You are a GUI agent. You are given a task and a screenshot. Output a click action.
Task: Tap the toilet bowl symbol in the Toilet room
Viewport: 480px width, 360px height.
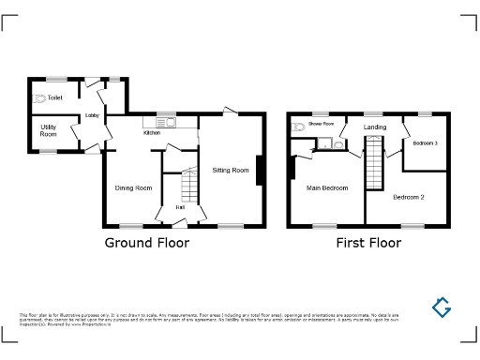pos(38,97)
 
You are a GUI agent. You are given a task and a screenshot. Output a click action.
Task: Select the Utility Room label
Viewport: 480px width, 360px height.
pos(48,131)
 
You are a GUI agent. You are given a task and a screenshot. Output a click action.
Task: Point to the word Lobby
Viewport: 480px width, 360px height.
pos(92,116)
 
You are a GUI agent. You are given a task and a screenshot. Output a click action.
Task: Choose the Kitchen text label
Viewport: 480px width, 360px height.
pos(151,132)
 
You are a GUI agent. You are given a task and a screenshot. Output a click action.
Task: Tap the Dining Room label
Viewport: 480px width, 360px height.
pos(133,188)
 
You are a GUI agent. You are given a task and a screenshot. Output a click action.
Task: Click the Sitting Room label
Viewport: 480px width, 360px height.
pos(231,170)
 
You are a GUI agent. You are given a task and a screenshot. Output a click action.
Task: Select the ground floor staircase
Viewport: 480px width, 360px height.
pos(190,185)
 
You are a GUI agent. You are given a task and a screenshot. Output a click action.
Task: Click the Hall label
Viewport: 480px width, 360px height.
pos(179,207)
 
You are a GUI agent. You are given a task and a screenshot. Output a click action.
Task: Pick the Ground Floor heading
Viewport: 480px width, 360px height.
pos(146,243)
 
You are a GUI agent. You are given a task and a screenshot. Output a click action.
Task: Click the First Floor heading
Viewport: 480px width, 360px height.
pos(368,243)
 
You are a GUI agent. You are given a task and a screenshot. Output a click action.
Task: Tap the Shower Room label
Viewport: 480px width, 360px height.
pos(322,124)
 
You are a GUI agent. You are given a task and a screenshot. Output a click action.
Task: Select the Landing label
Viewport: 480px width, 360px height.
pos(375,127)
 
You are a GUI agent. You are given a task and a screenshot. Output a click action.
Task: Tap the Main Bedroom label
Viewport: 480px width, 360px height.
pos(327,188)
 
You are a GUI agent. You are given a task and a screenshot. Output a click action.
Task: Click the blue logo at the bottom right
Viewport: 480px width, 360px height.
pos(442,307)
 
